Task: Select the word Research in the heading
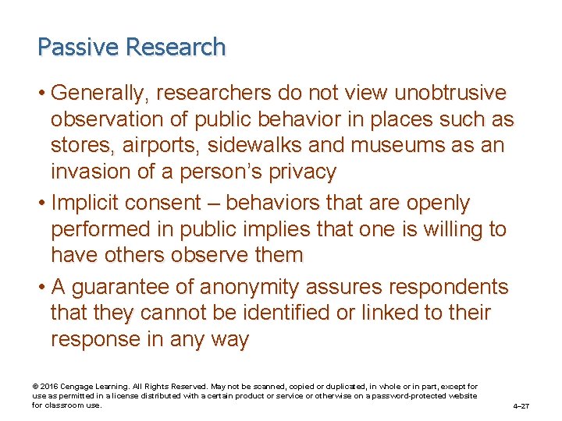[x=176, y=48]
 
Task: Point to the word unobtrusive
[x=450, y=94]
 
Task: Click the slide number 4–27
[x=521, y=406]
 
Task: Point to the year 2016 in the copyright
[x=46, y=387]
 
